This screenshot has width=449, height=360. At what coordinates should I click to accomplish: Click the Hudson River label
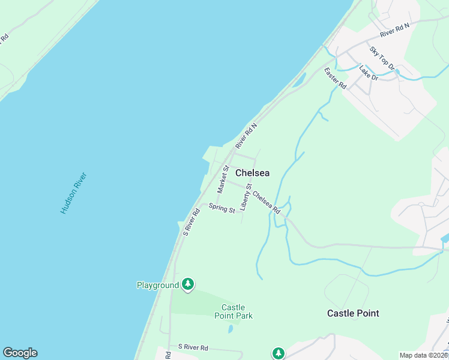click(74, 193)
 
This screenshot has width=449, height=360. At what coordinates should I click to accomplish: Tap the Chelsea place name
click(252, 173)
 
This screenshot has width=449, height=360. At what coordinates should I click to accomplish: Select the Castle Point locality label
click(353, 313)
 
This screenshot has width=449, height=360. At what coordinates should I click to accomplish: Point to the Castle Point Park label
click(234, 311)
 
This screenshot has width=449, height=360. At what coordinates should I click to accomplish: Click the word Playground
click(158, 285)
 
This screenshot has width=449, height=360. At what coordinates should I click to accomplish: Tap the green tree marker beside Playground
click(188, 284)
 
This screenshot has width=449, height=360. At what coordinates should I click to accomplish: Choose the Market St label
click(223, 179)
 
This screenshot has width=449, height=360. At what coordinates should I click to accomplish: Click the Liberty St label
click(246, 197)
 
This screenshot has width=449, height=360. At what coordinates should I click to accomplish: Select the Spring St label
click(221, 208)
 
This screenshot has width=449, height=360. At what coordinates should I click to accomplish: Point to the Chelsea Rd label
click(267, 202)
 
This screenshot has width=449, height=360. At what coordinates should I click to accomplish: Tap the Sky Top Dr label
click(382, 58)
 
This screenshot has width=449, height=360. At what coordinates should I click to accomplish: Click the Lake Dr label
click(368, 73)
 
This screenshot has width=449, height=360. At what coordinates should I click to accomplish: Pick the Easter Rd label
click(336, 79)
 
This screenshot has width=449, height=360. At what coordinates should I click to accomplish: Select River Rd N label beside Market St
click(246, 136)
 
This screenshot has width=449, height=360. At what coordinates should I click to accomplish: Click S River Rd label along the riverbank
click(191, 221)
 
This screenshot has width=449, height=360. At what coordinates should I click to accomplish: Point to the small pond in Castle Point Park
click(231, 329)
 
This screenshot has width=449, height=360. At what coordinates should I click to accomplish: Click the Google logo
click(20, 353)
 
